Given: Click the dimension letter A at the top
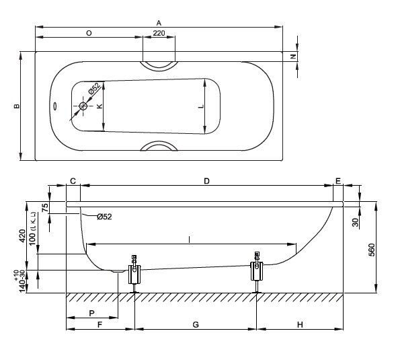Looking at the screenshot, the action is click(159, 23).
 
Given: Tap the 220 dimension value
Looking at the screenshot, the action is click(159, 33).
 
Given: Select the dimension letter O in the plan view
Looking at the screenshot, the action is click(89, 33).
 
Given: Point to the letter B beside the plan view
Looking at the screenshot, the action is click(17, 106).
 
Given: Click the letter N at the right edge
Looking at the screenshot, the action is click(293, 57).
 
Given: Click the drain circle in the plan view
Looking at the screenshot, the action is click(83, 106).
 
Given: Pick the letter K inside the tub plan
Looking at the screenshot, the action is click(100, 106).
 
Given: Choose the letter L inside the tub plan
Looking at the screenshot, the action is click(201, 106).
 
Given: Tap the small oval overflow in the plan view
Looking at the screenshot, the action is click(55, 106).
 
